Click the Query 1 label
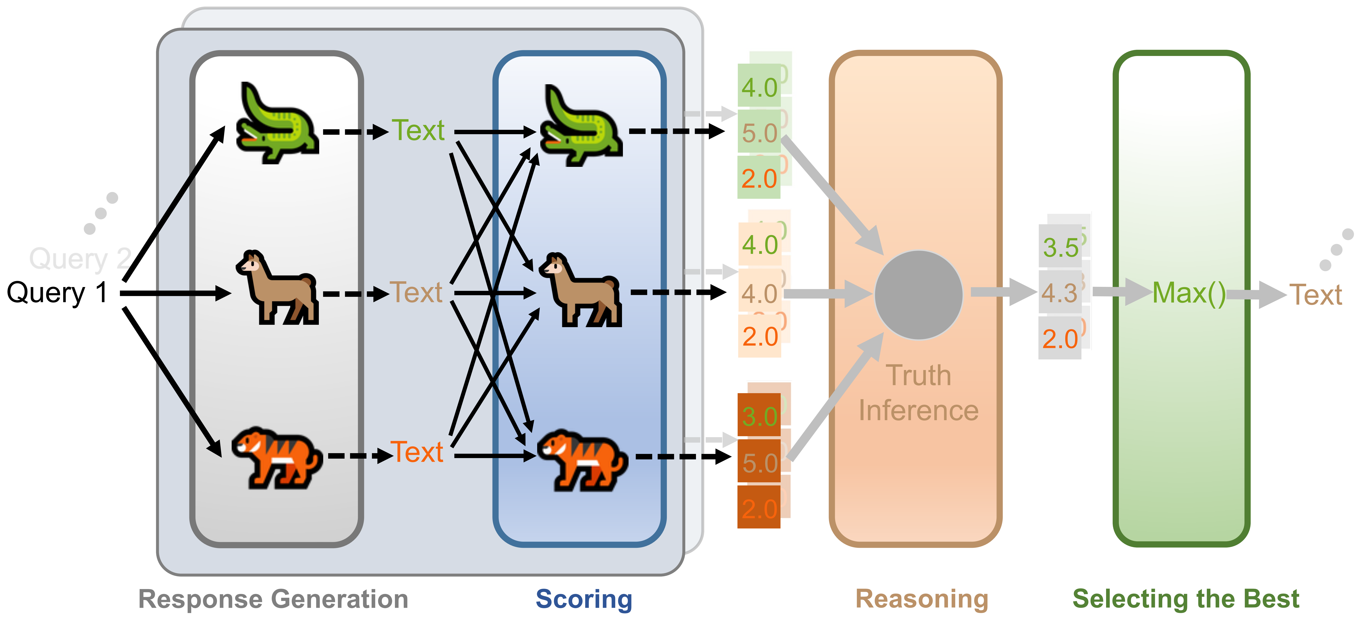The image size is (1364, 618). tap(57, 293)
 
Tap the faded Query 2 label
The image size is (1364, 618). tap(79, 259)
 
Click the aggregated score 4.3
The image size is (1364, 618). tap(1060, 293)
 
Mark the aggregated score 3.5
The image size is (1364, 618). tap(1061, 247)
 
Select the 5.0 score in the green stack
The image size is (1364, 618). tap(759, 132)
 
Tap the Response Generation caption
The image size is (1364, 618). tap(273, 599)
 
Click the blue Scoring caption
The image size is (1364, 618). tap(584, 599)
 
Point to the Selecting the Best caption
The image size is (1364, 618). tap(1186, 599)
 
